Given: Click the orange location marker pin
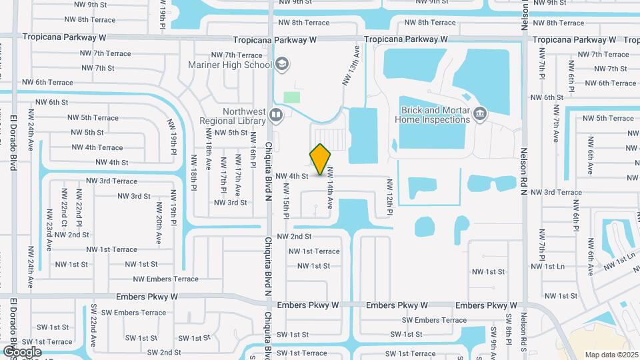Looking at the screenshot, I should point(321,159).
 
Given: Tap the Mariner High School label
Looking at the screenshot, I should point(238,65).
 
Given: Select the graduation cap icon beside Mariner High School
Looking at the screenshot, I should point(282,64).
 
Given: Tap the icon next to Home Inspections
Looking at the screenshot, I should point(479,115).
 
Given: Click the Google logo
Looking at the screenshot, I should point(22,351).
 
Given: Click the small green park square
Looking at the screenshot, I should point(291,97).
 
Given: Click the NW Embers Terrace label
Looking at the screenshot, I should point(166,279).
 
